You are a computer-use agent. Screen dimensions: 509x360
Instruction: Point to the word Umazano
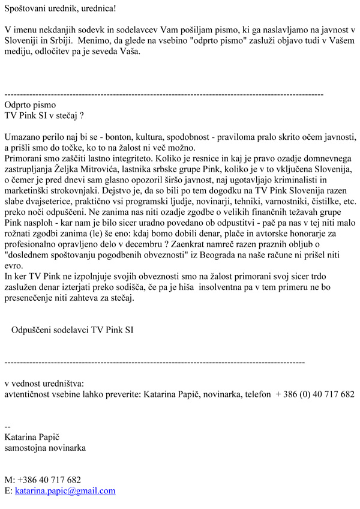click(x=24, y=136)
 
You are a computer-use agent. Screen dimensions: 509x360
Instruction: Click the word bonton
click(x=119, y=136)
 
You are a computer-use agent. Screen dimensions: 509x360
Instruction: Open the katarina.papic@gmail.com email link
click(x=65, y=490)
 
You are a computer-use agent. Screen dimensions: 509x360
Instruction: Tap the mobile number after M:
click(x=49, y=480)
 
